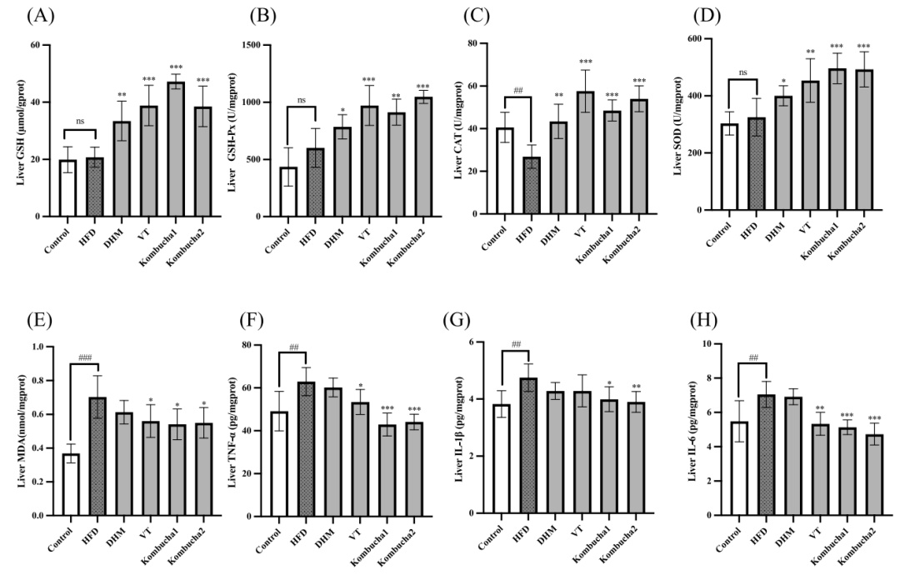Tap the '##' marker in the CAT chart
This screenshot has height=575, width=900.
(x=517, y=91)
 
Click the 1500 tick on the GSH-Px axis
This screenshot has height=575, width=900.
(x=259, y=43)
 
